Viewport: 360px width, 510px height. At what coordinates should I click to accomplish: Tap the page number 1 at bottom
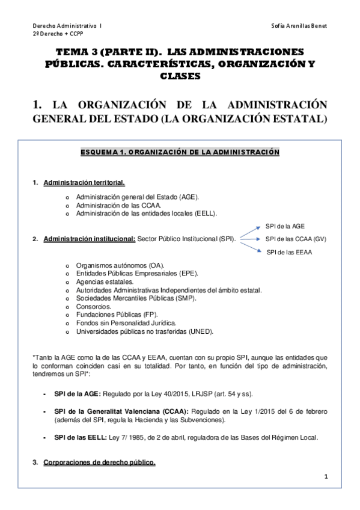[325, 476]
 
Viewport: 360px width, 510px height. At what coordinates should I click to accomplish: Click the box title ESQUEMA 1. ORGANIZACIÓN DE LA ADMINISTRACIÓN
[180, 153]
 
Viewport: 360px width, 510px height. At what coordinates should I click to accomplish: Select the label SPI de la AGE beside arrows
[285, 226]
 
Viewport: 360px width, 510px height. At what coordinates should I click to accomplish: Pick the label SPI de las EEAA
[289, 252]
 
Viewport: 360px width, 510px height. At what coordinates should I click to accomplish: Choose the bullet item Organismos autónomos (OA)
[120, 265]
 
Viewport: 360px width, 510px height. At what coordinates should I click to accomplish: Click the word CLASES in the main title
[180, 76]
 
